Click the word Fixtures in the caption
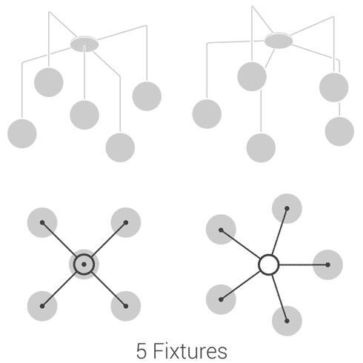[x=190, y=350]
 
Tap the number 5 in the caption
[x=141, y=351]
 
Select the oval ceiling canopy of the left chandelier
[x=84, y=44]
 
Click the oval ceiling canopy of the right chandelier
[x=279, y=41]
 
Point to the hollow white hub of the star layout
[x=269, y=264]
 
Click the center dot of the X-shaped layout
[x=84, y=264]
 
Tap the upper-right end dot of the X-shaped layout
[x=126, y=222]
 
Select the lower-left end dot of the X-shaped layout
[x=42, y=306]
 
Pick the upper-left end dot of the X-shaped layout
[x=42, y=222]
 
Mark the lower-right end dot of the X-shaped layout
[x=126, y=306]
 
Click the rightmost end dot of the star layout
[x=327, y=264]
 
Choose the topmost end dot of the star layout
[x=287, y=209]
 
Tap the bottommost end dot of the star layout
[x=287, y=321]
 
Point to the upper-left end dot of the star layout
[x=221, y=230]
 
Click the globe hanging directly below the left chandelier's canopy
[x=84, y=115]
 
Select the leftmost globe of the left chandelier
[x=22, y=133]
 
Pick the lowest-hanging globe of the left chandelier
[x=120, y=147]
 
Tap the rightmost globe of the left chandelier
[x=147, y=96]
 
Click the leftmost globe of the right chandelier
[x=207, y=114]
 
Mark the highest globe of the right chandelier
[x=252, y=76]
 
